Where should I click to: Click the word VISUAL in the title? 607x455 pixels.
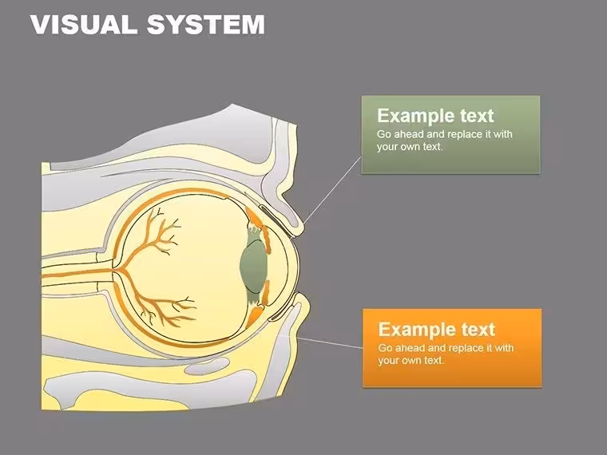[x=84, y=25]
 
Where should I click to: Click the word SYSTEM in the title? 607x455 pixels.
[x=206, y=25]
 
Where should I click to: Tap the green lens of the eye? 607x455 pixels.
[x=253, y=267]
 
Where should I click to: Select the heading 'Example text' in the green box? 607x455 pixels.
[x=435, y=115]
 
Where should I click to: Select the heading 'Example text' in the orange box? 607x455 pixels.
[x=437, y=329]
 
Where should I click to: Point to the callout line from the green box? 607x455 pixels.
[x=332, y=190]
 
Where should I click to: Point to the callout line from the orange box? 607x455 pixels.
[x=329, y=342]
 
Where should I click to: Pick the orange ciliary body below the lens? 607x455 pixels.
[x=258, y=306]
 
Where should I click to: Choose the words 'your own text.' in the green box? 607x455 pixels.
[x=410, y=147]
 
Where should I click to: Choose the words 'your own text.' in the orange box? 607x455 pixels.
[x=411, y=360]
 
